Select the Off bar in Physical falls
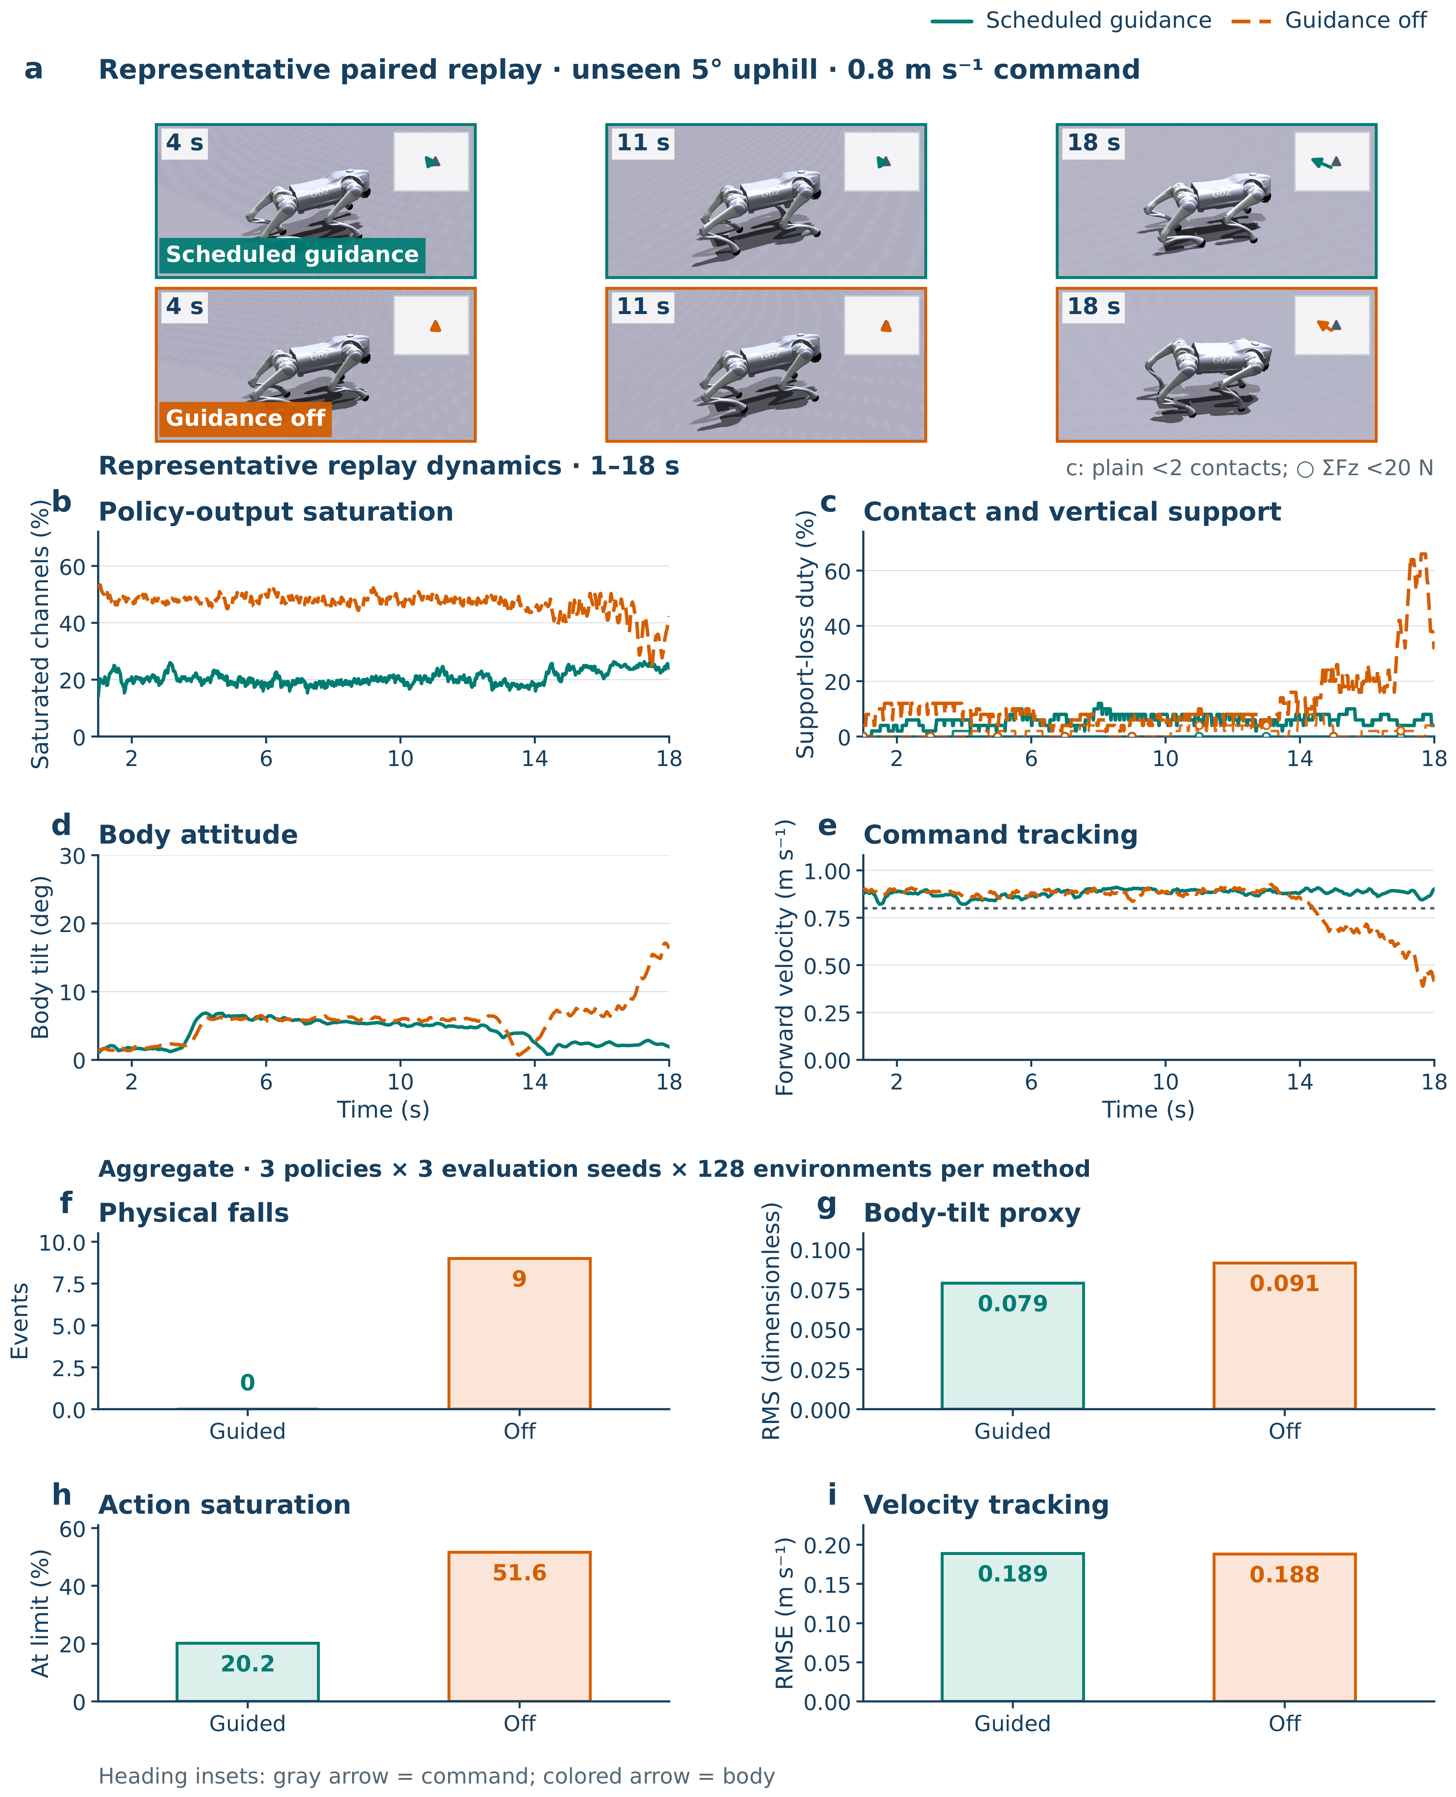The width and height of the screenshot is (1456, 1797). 519,1333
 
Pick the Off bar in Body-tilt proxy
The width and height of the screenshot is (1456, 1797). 1284,1336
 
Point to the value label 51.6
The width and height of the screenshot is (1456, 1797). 519,1573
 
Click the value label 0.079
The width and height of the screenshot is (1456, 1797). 1012,1304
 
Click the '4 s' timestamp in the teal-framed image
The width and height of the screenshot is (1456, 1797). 184,142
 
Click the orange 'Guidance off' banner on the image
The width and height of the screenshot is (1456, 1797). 245,419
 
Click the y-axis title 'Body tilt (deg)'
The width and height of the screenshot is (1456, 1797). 40,957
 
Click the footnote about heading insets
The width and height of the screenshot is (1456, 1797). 436,1776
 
